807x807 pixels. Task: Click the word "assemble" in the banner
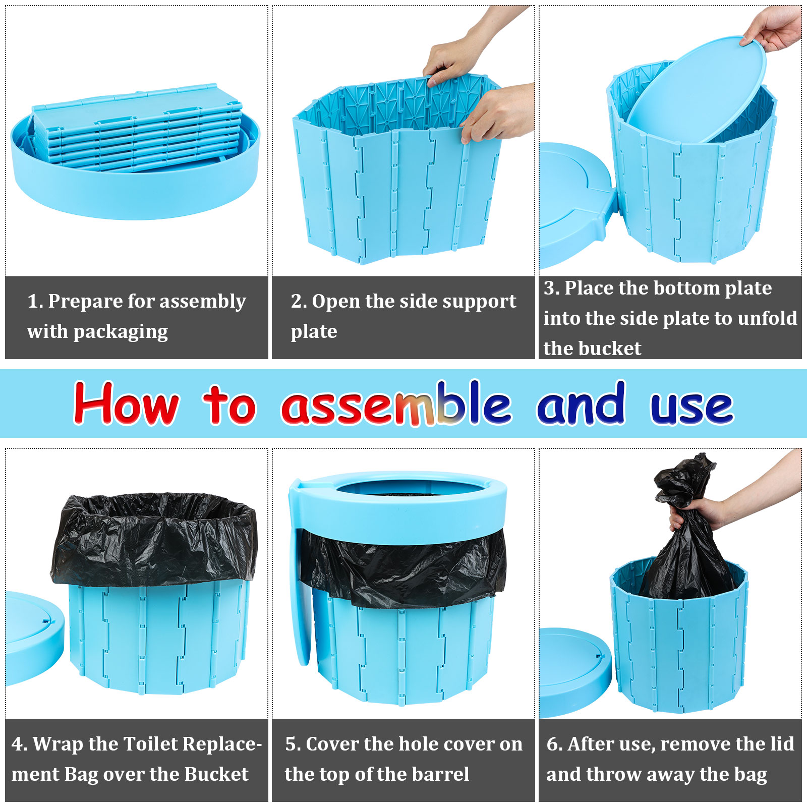pyautogui.click(x=396, y=404)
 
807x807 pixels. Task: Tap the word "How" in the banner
pyautogui.click(x=126, y=403)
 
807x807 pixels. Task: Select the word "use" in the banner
pyautogui.click(x=691, y=407)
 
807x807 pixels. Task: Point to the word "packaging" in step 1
pyautogui.click(x=121, y=332)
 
